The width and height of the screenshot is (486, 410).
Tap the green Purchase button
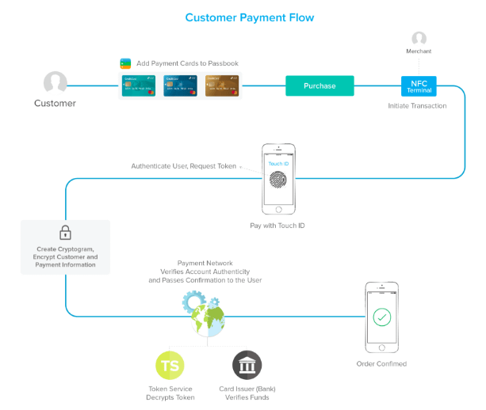[320, 85]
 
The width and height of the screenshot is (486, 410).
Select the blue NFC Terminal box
[418, 85]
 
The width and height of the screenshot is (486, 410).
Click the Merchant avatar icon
[419, 38]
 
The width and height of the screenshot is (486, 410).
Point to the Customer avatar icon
[55, 82]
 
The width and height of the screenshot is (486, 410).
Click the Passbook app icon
[124, 63]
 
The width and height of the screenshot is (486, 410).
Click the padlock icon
[65, 233]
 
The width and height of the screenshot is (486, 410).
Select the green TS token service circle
[171, 366]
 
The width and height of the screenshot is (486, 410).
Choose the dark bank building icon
[247, 366]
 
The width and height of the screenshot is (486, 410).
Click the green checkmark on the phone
[382, 317]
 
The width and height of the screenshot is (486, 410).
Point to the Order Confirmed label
[381, 364]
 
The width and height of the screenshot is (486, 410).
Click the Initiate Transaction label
[417, 105]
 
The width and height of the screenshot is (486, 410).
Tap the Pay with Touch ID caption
[277, 226]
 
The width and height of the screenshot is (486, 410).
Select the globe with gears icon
[205, 313]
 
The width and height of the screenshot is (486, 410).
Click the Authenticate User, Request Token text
[183, 165]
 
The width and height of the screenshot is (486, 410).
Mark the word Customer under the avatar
[55, 104]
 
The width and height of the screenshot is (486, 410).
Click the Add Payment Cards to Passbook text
[187, 63]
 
